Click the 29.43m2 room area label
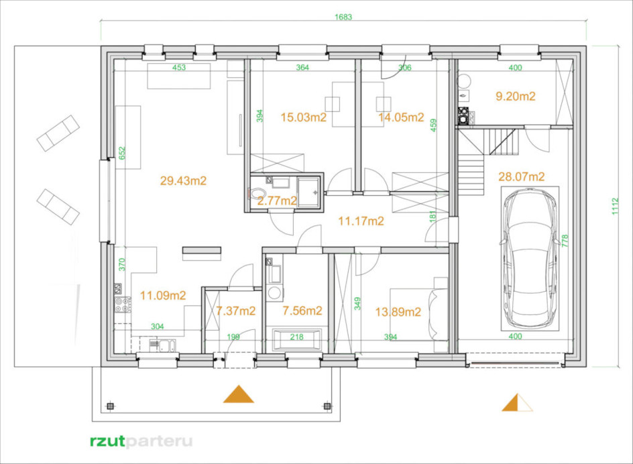click(183, 180)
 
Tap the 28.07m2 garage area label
click(521, 176)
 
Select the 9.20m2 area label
click(516, 96)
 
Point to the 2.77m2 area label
click(277, 200)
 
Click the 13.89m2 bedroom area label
click(398, 312)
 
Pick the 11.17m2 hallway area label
click(361, 221)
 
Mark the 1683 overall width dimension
click(343, 17)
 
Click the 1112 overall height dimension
click(615, 206)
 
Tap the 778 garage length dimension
click(565, 241)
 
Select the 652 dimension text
click(122, 153)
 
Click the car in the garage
click(530, 258)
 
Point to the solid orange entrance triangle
click(239, 394)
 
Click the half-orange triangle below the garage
click(517, 402)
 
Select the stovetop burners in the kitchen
click(123, 304)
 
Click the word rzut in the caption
click(107, 441)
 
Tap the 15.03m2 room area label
click(304, 117)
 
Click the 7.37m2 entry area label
click(236, 310)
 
